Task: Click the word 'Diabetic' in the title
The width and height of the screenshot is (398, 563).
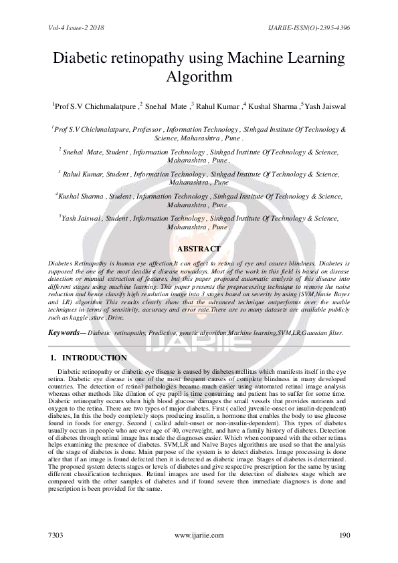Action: click(83, 58)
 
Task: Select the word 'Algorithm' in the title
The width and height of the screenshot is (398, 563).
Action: click(199, 77)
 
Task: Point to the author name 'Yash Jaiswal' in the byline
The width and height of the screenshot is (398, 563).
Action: click(324, 106)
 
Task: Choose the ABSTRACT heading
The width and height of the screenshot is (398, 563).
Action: click(198, 249)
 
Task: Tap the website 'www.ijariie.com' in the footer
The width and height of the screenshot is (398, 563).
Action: click(199, 536)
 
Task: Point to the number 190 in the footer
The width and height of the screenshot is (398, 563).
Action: click(344, 536)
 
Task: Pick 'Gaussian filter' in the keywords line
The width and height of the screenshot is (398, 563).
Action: click(321, 332)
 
